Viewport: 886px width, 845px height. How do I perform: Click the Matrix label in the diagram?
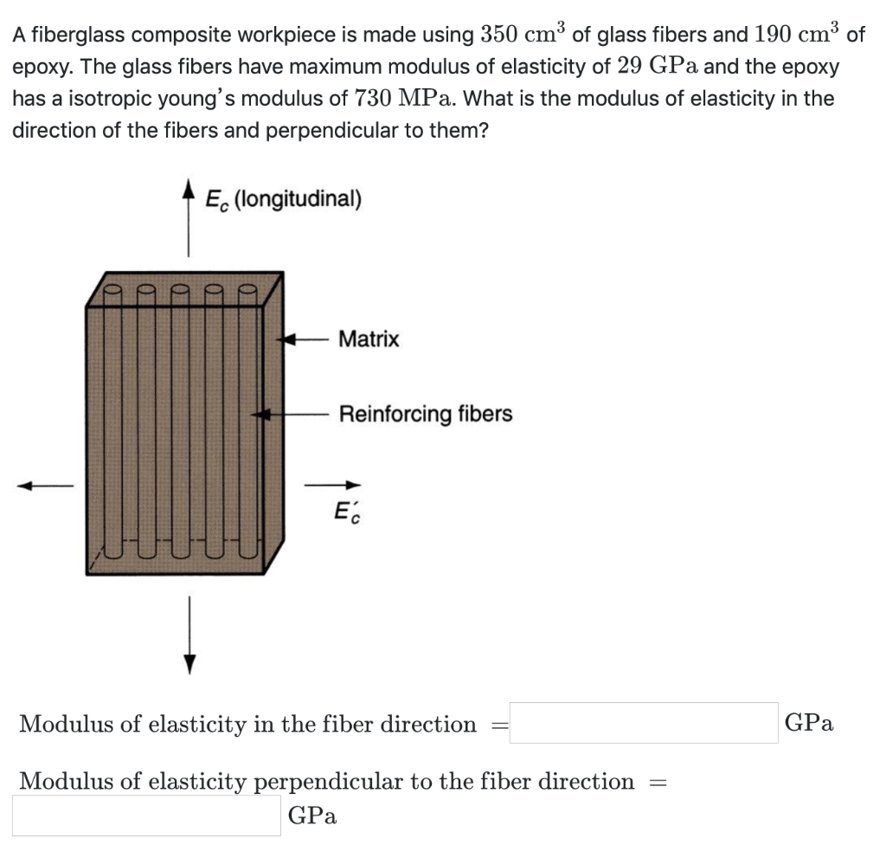(x=369, y=339)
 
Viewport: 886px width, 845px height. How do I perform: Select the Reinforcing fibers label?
(x=425, y=415)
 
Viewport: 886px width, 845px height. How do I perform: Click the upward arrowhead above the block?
(x=189, y=188)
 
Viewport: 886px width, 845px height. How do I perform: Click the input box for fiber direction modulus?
(x=644, y=723)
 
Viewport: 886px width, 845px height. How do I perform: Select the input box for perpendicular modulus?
(x=146, y=816)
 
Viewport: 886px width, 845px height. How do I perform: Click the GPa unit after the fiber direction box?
(x=809, y=724)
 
